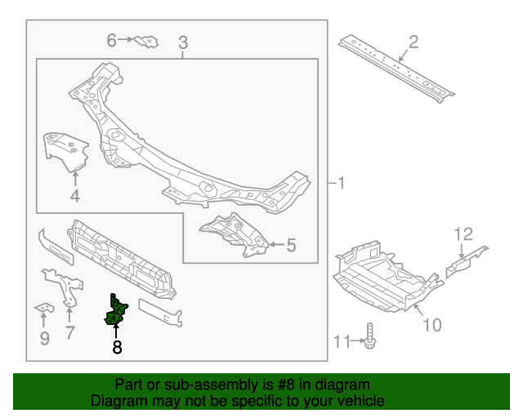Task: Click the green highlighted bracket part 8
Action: coord(116,311)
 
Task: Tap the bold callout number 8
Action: coord(117,348)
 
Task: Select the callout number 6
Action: coord(112,39)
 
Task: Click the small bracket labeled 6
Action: coord(147,41)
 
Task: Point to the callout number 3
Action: coord(182,42)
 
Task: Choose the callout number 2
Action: coord(413,41)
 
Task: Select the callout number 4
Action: coord(74,195)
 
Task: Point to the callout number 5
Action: coord(292,244)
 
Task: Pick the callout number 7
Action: coord(69,332)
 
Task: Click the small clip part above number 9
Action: coord(42,308)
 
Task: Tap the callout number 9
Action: coord(44,337)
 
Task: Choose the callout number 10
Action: coord(431,326)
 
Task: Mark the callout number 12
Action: coord(463,234)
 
